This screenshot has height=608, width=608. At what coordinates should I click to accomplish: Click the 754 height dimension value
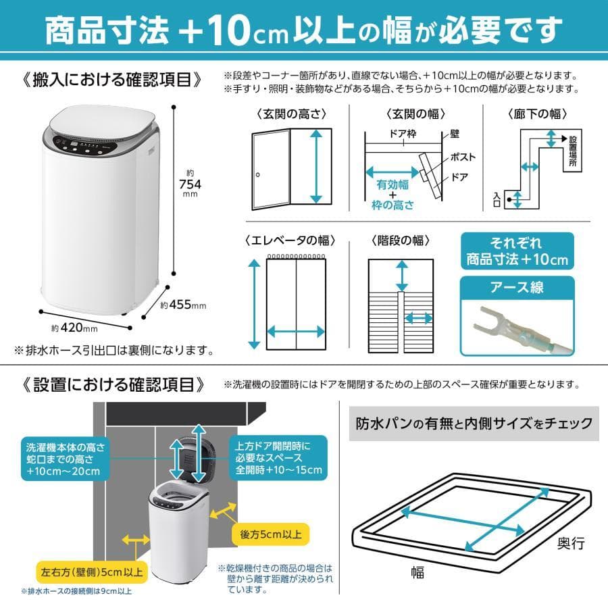pos(190,183)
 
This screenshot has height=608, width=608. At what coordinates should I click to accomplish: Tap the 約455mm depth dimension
pos(183,305)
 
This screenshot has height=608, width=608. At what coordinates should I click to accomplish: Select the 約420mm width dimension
pos(75,328)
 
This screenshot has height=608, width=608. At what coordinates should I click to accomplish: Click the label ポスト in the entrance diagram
pos(463,157)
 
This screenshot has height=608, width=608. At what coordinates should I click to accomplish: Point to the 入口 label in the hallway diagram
pos(497,199)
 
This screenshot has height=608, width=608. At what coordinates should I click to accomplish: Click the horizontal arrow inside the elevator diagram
pos(296,331)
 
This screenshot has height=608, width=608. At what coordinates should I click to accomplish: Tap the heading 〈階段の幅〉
pos(401,240)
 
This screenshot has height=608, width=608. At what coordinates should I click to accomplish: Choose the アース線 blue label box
pos(517,288)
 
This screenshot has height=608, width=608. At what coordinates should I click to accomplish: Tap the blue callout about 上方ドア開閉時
pos(280,458)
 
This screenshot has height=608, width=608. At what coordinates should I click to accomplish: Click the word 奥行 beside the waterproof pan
pos(570,542)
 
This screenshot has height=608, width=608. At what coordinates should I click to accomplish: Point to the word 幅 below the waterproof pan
pos(418,573)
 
